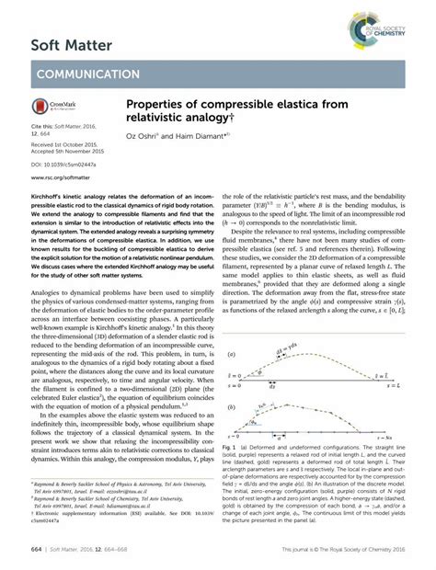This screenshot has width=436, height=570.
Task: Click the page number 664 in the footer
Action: (x=21, y=549)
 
